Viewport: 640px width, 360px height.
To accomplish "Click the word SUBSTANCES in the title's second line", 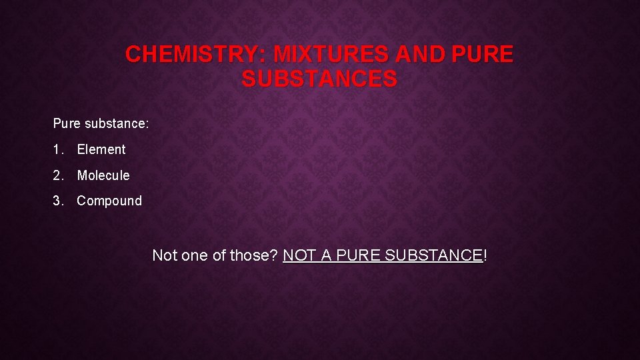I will (x=319, y=79).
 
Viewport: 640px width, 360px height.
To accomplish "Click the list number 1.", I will (x=57, y=150).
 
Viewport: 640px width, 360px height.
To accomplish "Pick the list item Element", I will (x=101, y=150).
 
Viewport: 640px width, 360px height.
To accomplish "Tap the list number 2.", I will (x=57, y=176).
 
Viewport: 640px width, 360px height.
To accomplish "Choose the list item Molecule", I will (x=103, y=176).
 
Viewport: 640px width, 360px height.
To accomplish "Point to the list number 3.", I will (x=57, y=201).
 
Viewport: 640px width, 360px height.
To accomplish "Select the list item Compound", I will (x=109, y=201).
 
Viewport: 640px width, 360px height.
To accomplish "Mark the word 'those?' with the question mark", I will (x=253, y=255).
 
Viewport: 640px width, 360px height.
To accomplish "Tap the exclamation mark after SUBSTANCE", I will (x=485, y=255).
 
